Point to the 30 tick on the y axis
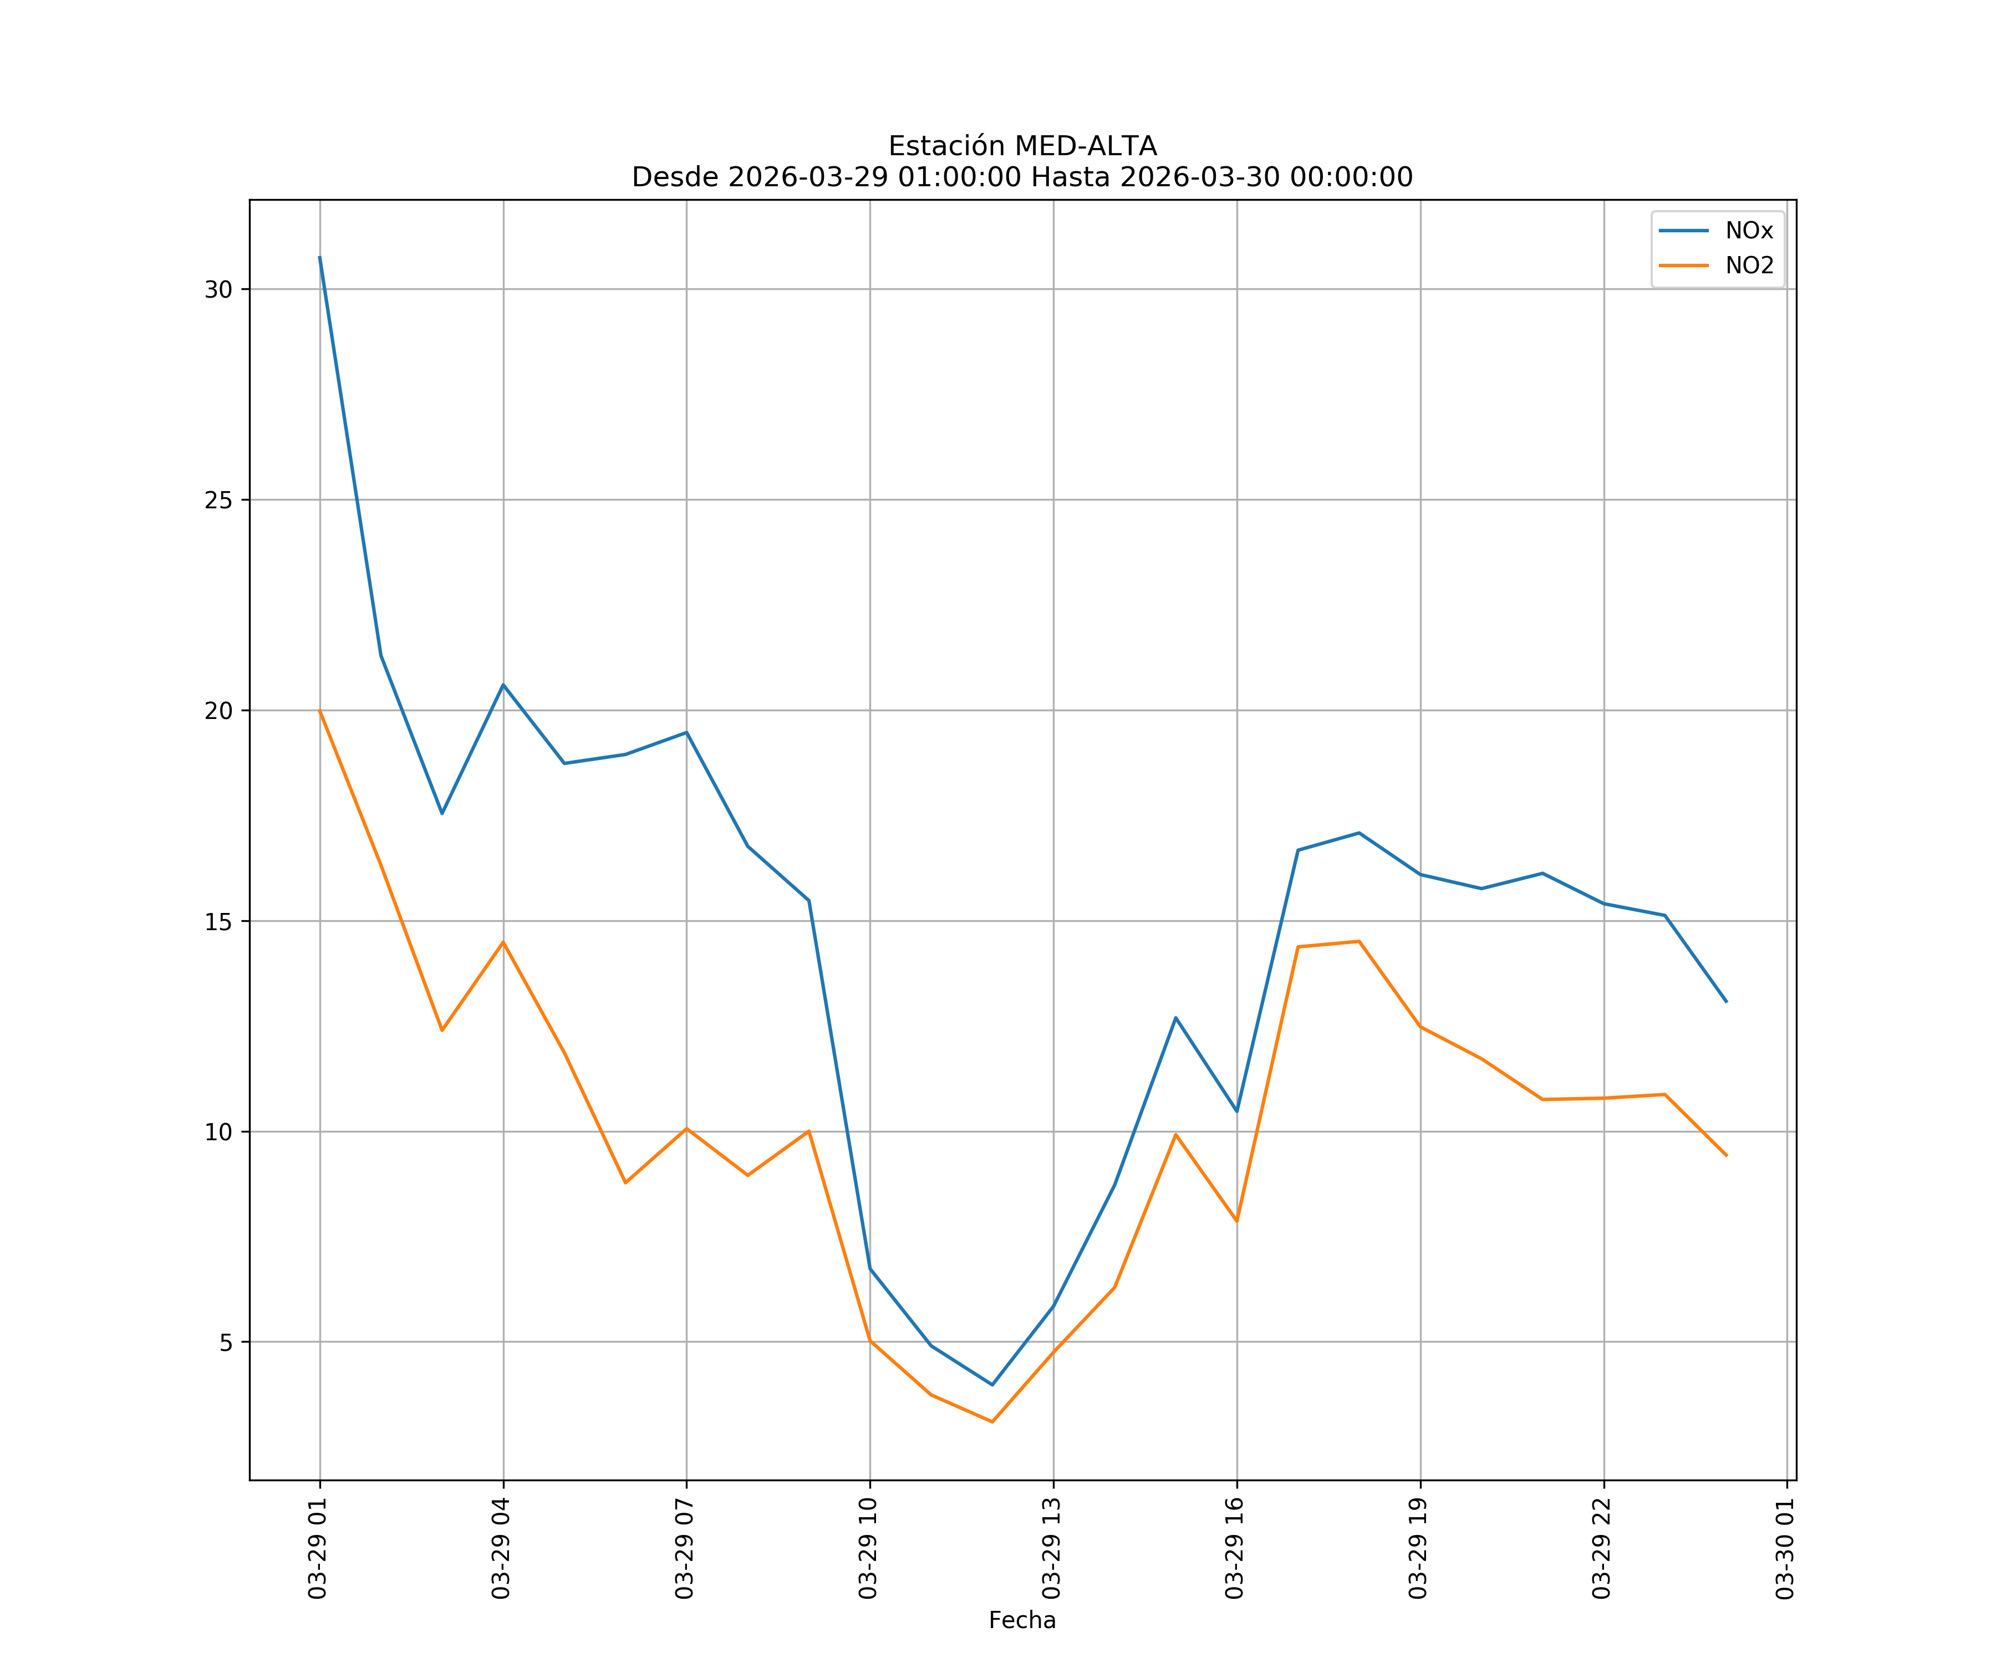coord(218,290)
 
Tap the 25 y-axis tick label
coord(218,500)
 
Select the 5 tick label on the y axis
coord(226,1343)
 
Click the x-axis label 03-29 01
coord(318,1548)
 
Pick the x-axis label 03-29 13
coord(1051,1548)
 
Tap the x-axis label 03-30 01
coord(1785,1548)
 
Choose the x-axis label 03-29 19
coord(1418,1548)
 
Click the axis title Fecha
coord(1022,1620)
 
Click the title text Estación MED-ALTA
coord(1022,146)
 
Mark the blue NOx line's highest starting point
coord(319,257)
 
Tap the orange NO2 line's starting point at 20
coord(319,711)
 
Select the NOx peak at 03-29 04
coord(503,684)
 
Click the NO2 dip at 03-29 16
coord(1236,1221)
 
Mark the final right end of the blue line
coord(1726,1002)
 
